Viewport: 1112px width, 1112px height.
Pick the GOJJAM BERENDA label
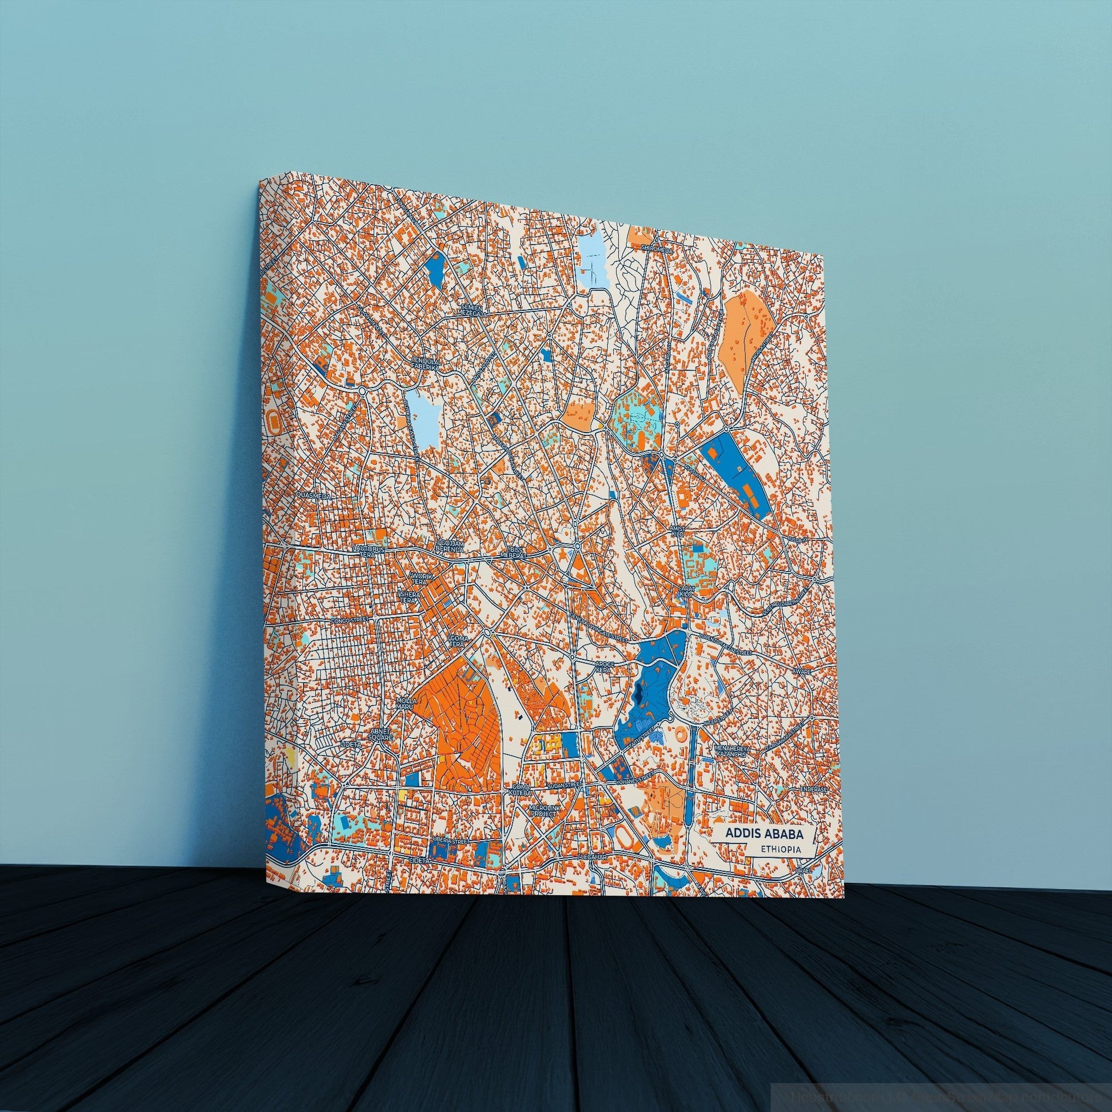[x=450, y=546]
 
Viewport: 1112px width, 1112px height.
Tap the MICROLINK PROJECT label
[x=543, y=811]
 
